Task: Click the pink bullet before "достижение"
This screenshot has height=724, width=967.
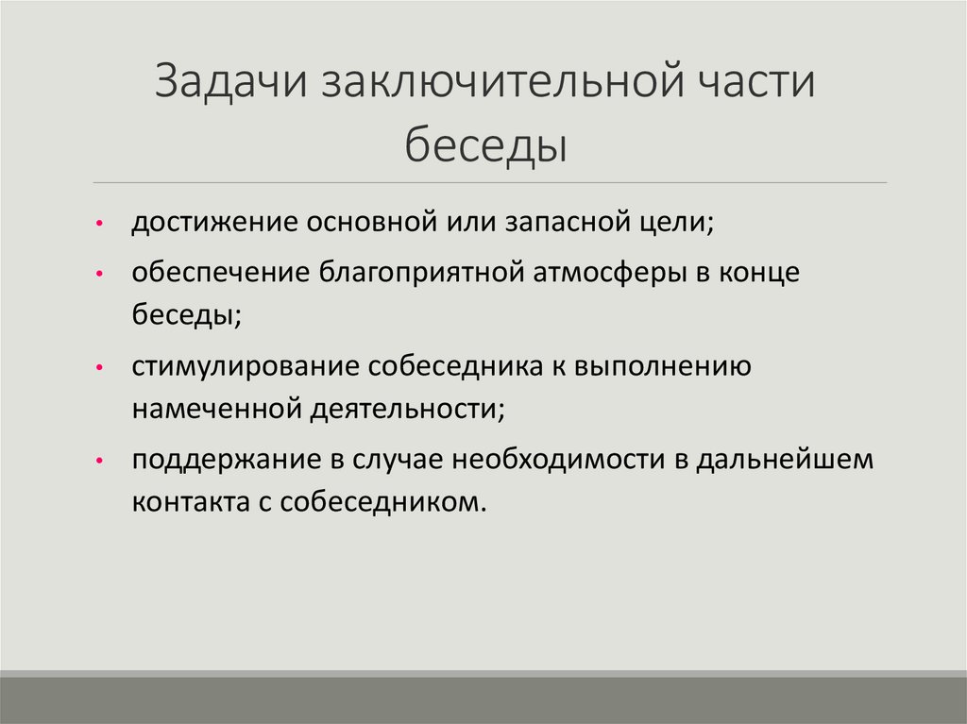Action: tap(99, 226)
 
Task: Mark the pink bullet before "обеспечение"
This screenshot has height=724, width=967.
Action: tap(99, 275)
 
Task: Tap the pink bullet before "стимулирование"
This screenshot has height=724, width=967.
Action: tap(99, 368)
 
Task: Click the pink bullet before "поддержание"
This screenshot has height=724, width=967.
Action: tap(99, 462)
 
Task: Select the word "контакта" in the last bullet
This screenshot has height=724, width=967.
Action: tap(190, 501)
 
